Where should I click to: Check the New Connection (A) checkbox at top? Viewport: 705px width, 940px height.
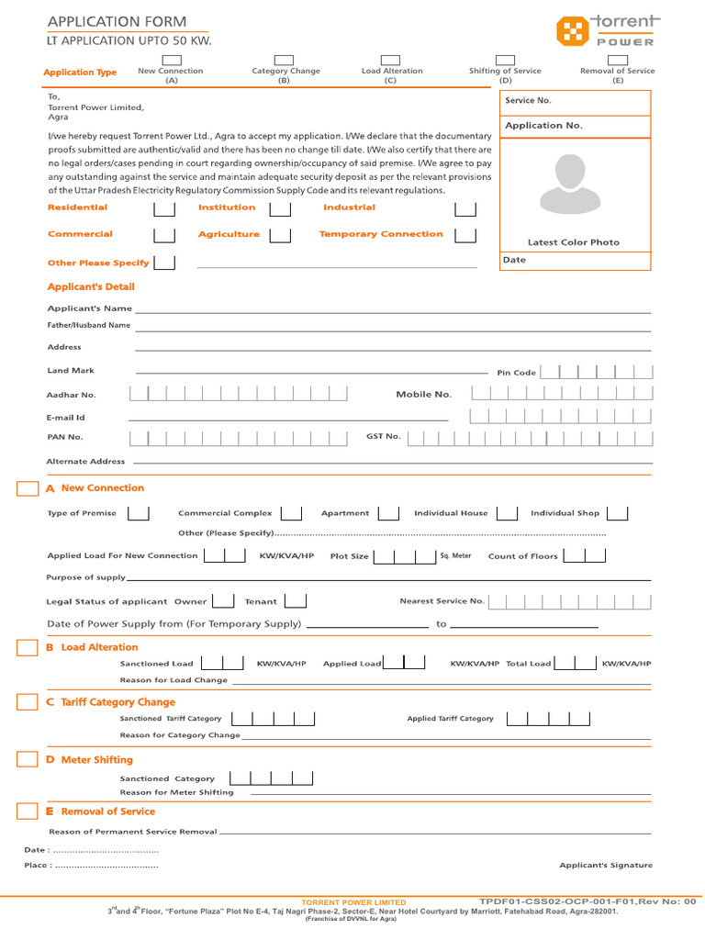tap(171, 60)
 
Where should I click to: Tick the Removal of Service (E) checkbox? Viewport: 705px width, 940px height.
tap(617, 60)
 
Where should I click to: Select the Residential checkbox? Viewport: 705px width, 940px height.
tap(164, 209)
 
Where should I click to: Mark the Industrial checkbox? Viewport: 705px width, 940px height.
tap(465, 209)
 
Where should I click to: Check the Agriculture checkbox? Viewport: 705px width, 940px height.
tap(280, 236)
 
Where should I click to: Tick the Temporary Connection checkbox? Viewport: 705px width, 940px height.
tap(465, 236)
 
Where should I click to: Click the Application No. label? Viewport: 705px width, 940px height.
tap(543, 126)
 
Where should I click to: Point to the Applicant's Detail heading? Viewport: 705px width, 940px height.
tap(91, 287)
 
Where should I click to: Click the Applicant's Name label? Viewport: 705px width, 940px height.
tap(89, 308)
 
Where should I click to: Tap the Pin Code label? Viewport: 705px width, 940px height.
tap(516, 373)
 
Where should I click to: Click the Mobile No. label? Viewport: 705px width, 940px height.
tap(423, 395)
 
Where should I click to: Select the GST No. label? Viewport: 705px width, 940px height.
tap(384, 437)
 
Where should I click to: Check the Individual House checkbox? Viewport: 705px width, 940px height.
tap(508, 513)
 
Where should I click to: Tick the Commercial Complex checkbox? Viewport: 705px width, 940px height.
tap(291, 513)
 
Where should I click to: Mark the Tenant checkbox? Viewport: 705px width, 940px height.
tap(296, 601)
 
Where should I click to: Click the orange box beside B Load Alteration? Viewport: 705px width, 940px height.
tap(28, 648)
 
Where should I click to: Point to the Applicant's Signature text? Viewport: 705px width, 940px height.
tap(606, 866)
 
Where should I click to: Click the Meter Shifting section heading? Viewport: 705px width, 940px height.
tap(96, 760)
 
